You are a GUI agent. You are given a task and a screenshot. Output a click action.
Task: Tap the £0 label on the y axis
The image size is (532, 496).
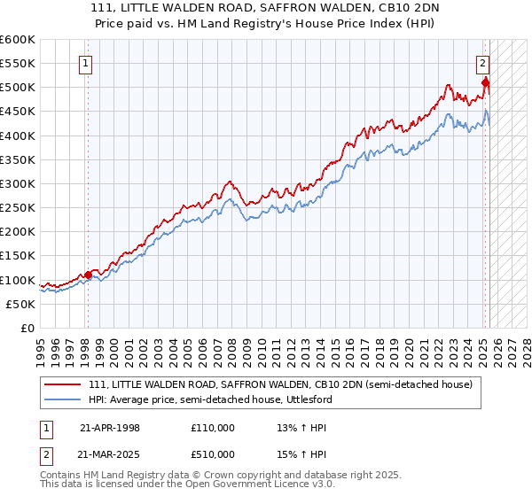pos(26,329)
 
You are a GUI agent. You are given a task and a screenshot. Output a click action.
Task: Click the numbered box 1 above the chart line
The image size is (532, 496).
pos(87,63)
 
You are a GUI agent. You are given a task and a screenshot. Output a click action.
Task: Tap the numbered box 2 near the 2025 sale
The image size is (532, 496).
pos(483,63)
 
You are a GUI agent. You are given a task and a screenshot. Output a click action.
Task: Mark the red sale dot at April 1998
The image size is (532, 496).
pos(88,275)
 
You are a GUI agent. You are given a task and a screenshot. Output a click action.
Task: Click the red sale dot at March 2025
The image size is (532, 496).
pos(485,82)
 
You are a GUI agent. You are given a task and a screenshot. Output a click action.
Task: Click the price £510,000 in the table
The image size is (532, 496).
pos(213,454)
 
